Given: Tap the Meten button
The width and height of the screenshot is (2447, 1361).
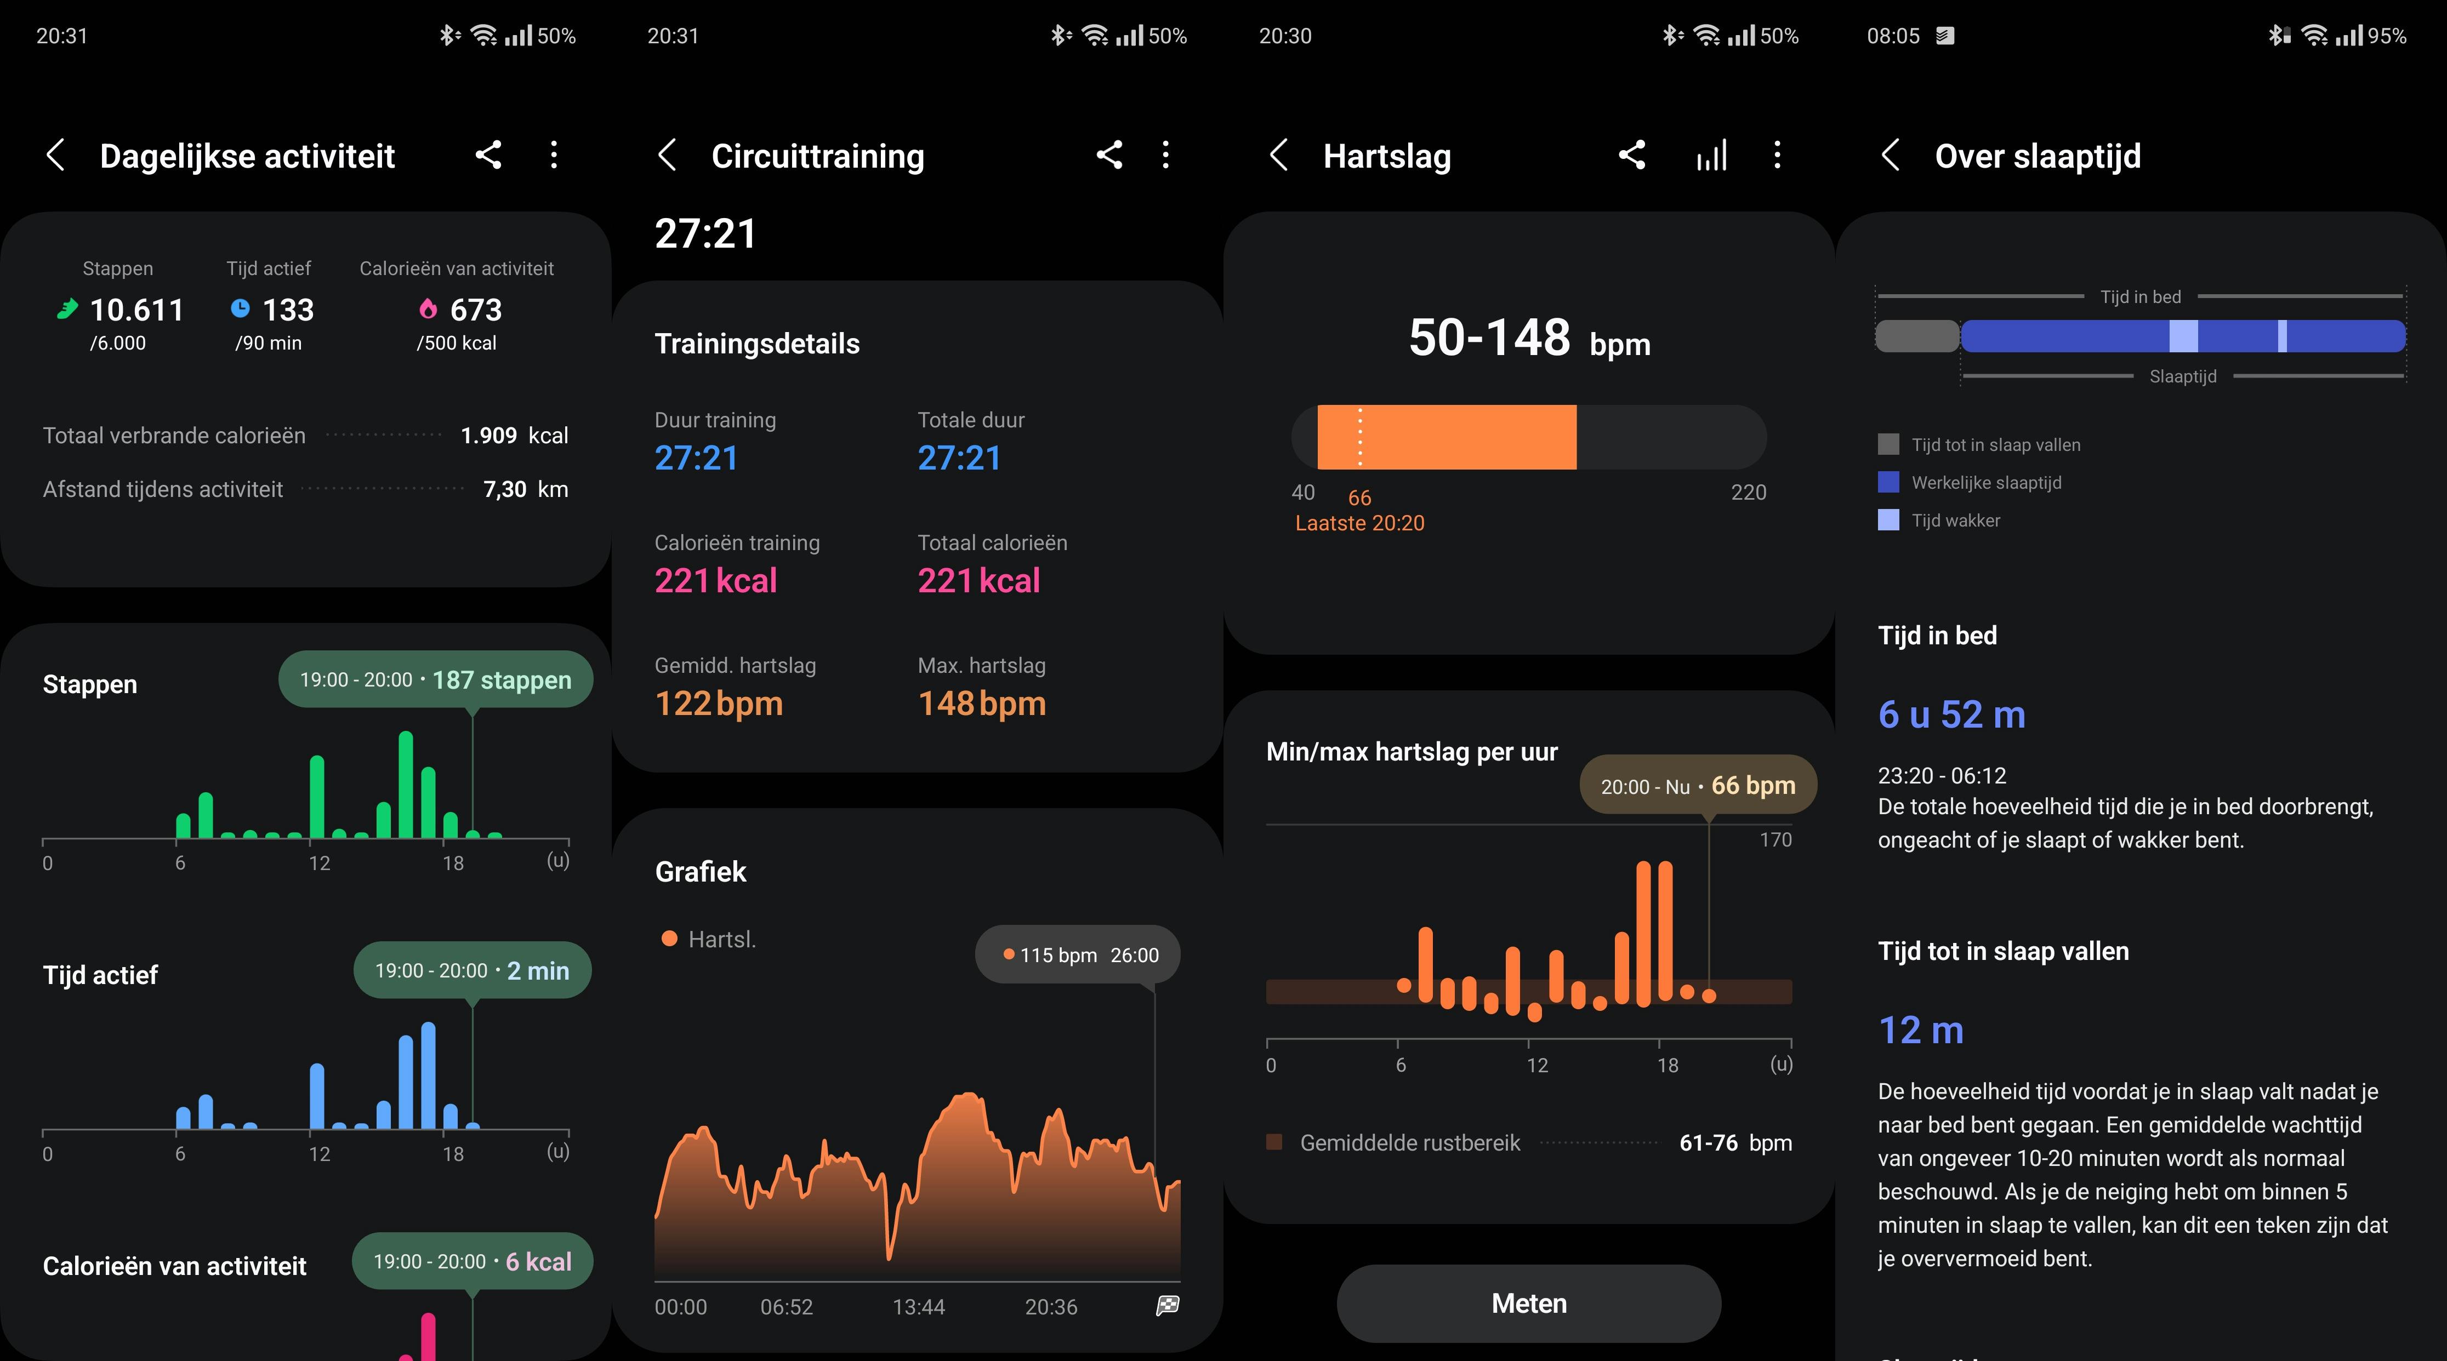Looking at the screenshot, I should click(1528, 1303).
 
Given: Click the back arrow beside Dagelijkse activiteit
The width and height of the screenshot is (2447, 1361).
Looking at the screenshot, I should click(56, 155).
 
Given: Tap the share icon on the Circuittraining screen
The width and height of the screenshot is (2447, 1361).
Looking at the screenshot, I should click(1108, 155).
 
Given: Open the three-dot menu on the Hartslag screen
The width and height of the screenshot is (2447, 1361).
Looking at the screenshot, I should click(1777, 155).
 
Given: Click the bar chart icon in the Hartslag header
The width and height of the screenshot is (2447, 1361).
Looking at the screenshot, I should click(1711, 155).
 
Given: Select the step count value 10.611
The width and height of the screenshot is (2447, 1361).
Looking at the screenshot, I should click(136, 310).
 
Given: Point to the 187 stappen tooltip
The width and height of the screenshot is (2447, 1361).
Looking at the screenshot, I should click(435, 680).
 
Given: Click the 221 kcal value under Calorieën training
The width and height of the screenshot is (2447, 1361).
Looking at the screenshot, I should click(715, 580).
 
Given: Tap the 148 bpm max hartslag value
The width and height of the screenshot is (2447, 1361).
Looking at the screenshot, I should click(981, 704).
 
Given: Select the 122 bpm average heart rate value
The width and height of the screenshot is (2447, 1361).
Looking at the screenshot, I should click(718, 704).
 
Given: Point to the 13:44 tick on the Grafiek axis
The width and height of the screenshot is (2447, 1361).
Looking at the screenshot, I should click(918, 1307).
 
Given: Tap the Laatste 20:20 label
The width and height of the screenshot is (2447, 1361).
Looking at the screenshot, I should click(1359, 523).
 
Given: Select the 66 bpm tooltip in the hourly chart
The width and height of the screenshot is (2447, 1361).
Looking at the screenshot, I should click(1698, 786).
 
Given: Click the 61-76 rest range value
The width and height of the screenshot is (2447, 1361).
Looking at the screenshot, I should click(1708, 1142).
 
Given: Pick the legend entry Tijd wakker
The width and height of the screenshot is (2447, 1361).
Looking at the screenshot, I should click(1955, 521).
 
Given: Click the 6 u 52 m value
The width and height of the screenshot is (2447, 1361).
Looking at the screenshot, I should click(1951, 714).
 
